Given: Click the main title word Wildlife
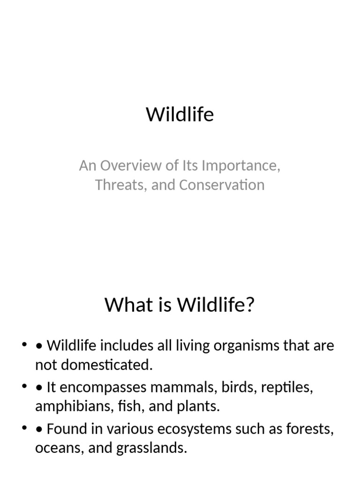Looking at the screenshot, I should (x=180, y=114).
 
